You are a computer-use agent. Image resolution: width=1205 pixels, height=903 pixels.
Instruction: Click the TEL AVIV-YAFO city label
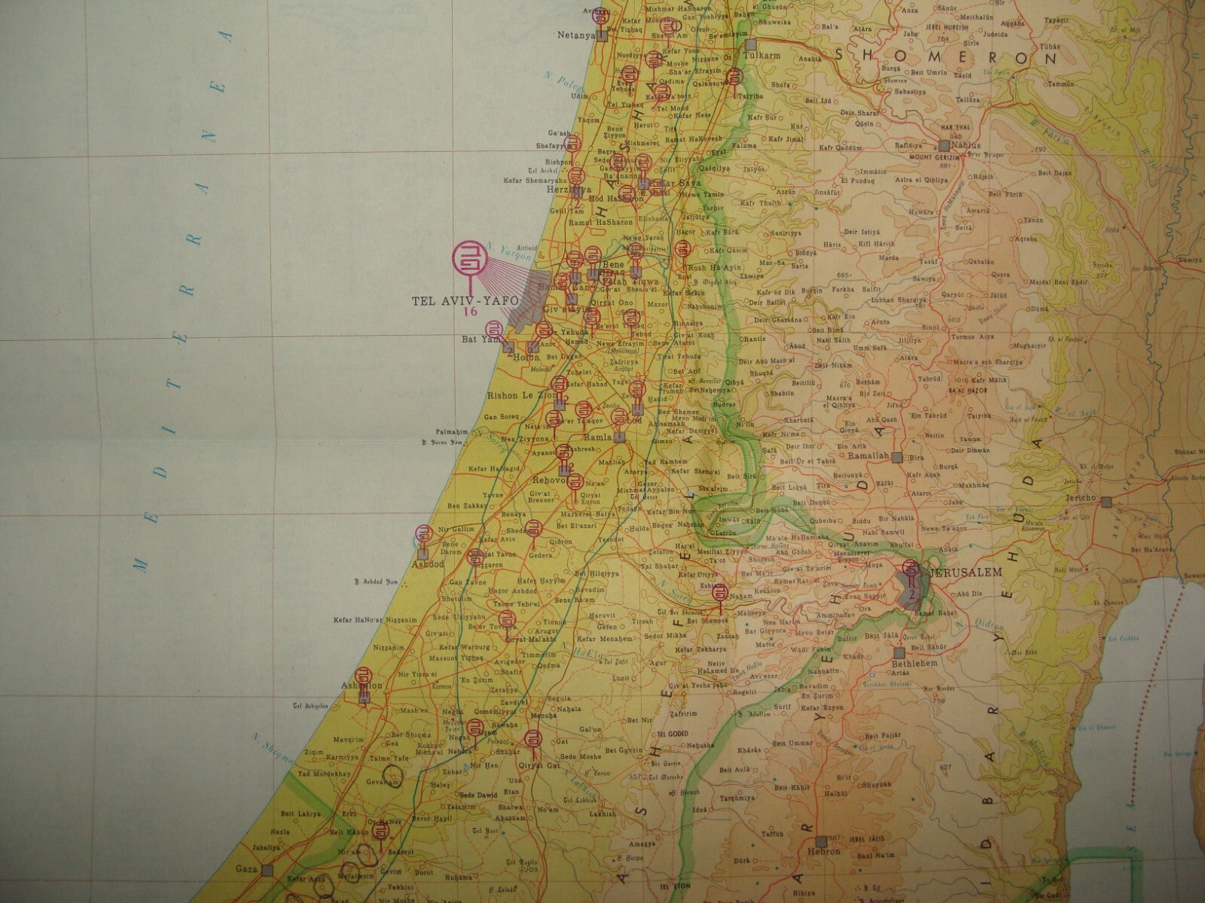(x=465, y=301)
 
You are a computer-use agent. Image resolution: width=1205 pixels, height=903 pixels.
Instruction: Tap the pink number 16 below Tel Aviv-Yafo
(x=471, y=312)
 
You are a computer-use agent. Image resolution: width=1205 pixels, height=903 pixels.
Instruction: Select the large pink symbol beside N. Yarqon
(x=468, y=258)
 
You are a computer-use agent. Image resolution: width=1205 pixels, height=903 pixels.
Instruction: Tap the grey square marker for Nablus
(x=944, y=146)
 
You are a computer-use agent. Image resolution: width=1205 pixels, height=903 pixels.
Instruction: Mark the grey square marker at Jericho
(x=1106, y=501)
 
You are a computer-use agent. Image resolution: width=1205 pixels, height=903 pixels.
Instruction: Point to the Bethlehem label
(x=914, y=664)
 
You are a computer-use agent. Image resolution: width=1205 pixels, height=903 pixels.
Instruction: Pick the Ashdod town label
(x=426, y=564)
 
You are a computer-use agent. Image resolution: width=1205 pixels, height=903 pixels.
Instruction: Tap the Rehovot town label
(x=548, y=480)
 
